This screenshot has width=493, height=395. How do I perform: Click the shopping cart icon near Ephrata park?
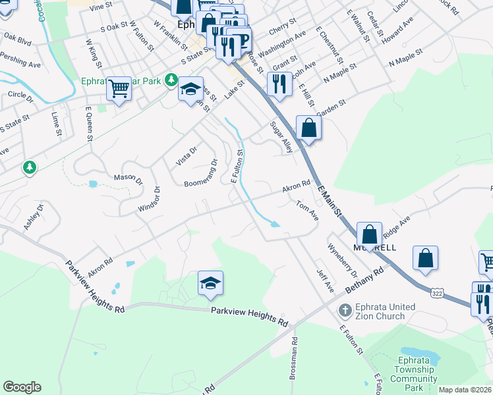tap(119, 88)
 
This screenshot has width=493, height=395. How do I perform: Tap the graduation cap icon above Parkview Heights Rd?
tap(211, 283)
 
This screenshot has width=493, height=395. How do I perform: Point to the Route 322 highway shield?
tap(438, 292)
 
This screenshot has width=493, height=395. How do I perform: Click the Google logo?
tap(22, 387)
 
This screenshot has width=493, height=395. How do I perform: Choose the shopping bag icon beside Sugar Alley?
tap(308, 128)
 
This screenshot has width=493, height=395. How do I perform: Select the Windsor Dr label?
tap(150, 199)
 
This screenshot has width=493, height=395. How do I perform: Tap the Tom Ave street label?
tap(307, 211)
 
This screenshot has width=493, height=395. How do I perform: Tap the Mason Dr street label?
tap(128, 178)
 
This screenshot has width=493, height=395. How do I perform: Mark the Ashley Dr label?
tap(34, 217)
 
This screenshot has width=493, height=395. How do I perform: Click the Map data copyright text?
tap(465, 390)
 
